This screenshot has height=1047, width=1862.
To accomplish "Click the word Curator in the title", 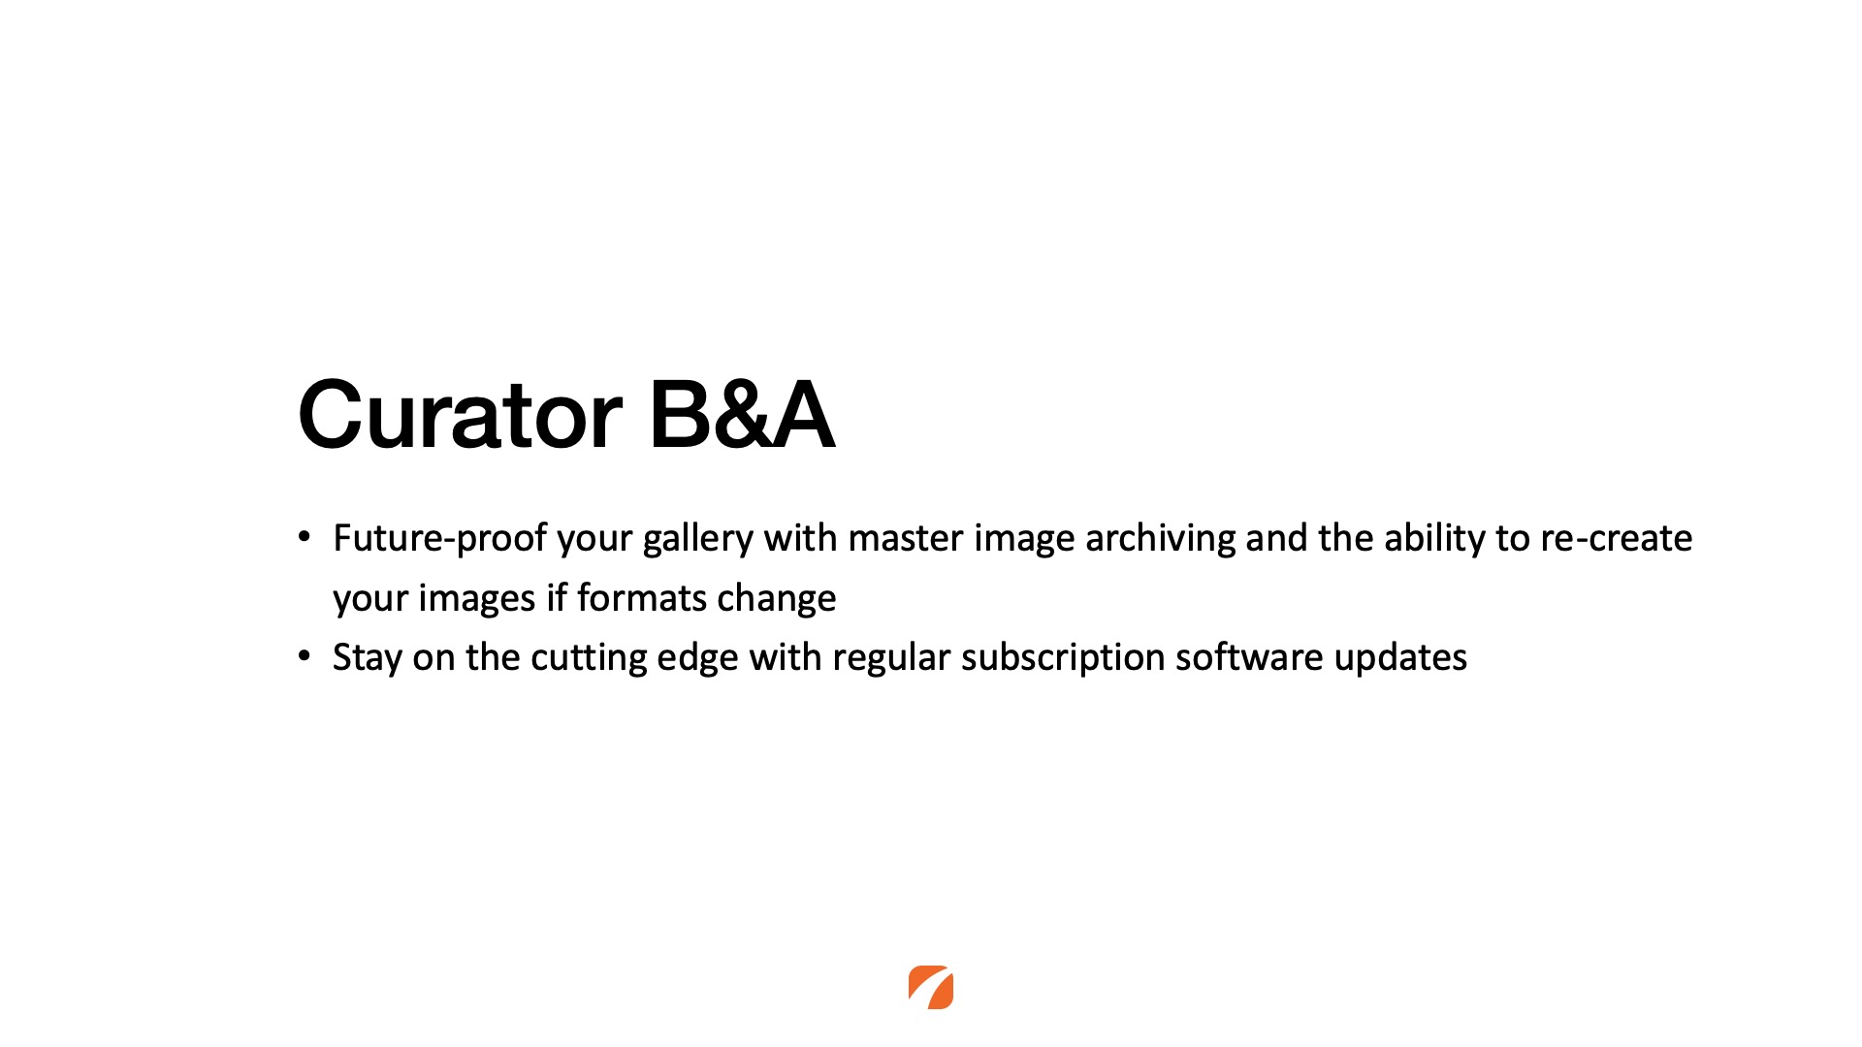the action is click(x=460, y=414).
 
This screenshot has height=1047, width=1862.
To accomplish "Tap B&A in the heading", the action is click(x=742, y=414).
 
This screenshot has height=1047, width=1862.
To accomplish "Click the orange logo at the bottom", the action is click(x=931, y=987).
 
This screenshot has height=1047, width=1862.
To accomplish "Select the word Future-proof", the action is click(x=440, y=539).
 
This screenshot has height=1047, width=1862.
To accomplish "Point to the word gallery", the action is click(x=698, y=539).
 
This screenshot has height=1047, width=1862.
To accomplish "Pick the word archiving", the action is click(x=1160, y=539).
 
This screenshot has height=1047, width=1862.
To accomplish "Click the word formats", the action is click(x=642, y=598).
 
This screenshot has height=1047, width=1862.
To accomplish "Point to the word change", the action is click(x=777, y=599).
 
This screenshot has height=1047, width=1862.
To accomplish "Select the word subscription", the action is click(x=1063, y=658).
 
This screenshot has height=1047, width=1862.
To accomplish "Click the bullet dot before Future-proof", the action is click(x=305, y=536).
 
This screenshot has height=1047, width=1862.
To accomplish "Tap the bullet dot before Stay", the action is click(x=305, y=655).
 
